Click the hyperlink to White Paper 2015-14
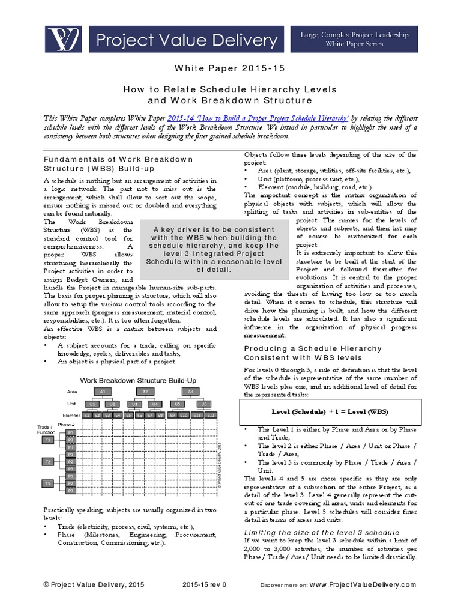[258, 120]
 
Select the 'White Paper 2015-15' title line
[230, 69]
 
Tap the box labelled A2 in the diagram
[145, 391]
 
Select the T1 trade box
[48, 440]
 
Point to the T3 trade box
[48, 483]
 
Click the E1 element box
[88, 415]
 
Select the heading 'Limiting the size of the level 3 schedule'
[321, 533]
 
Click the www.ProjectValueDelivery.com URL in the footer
[363, 584]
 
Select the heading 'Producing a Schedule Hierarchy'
[312, 348]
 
